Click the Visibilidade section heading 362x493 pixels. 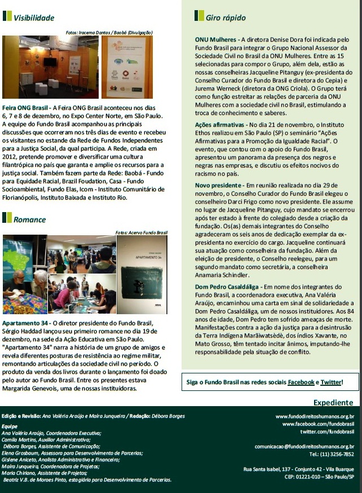[34, 17]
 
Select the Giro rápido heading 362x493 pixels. [226, 17]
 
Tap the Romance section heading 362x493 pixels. [30, 219]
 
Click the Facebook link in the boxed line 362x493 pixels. [301, 382]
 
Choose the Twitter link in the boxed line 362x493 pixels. [330, 382]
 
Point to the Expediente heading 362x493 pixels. [333, 403]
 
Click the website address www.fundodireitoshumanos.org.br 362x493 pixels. [315, 416]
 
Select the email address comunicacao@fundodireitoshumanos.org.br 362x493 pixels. [304, 446]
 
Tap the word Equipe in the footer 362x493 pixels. [10, 426]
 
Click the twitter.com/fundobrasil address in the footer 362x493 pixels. [327, 432]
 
